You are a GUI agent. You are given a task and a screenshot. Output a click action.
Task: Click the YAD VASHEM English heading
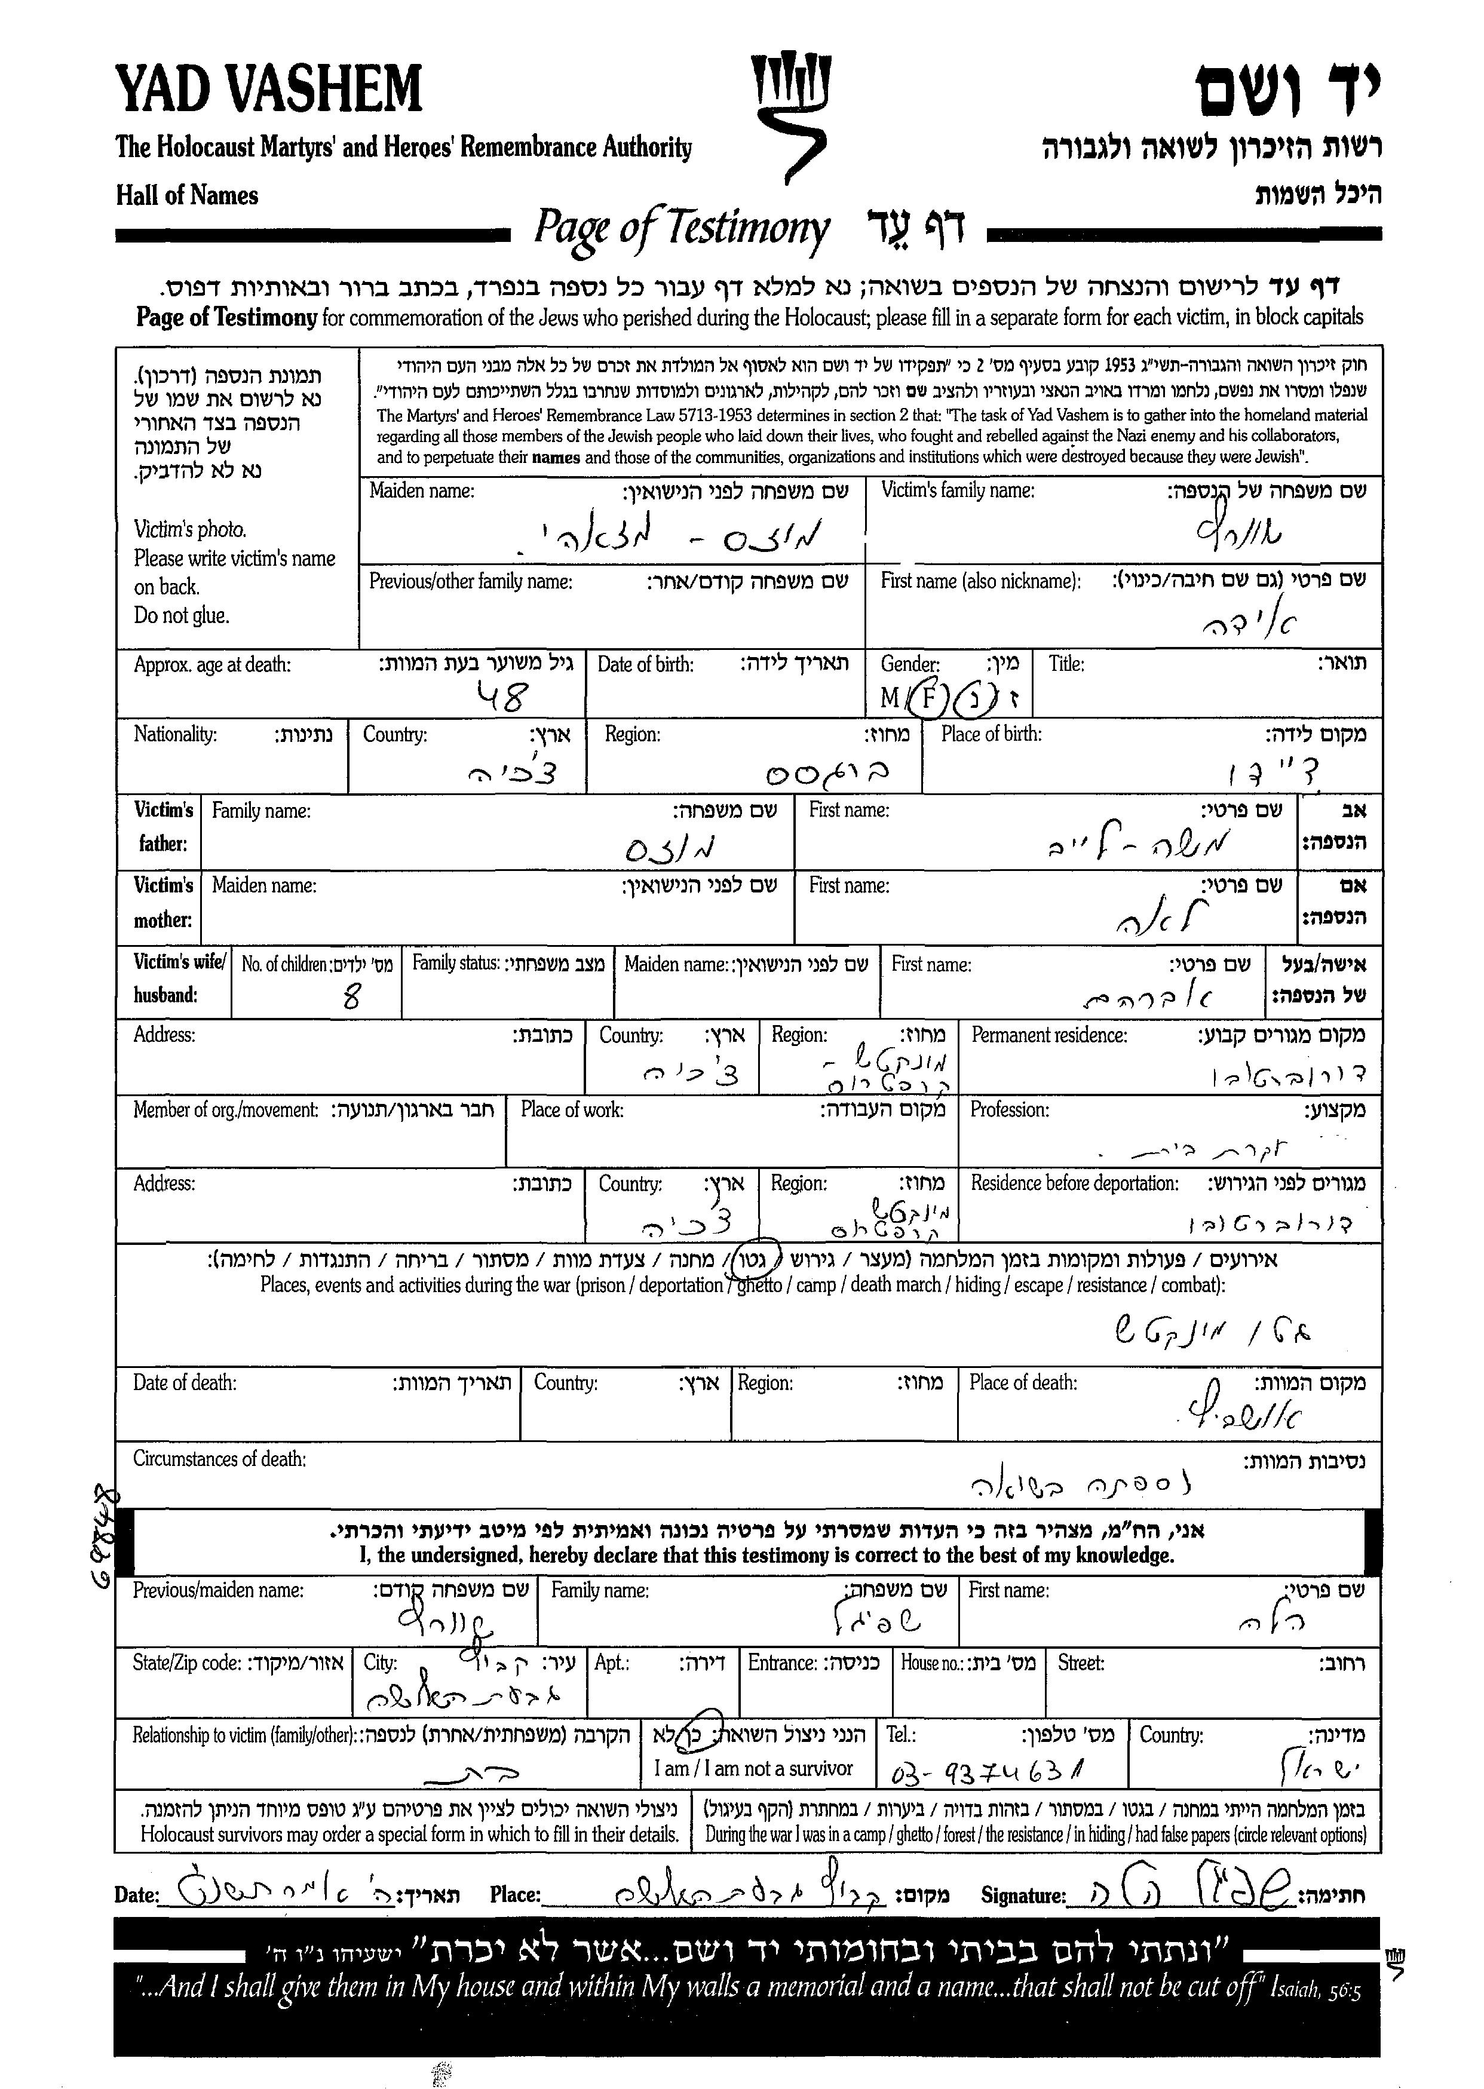click(269, 90)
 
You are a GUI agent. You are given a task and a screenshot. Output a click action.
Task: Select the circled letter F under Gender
click(928, 698)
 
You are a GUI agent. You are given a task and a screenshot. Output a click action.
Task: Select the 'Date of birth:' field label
click(645, 664)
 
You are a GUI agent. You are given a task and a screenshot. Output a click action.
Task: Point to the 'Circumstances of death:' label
click(219, 1458)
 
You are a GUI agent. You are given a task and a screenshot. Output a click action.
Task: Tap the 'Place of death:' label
click(1023, 1383)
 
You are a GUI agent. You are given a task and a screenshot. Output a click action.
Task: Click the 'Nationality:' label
click(176, 735)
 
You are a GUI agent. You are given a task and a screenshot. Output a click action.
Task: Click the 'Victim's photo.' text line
click(190, 529)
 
